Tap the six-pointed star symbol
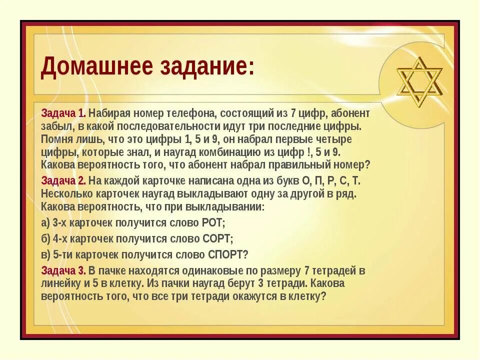pos(419,82)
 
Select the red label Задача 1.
pos(63,113)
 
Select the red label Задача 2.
pos(63,180)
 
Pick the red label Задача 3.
pos(63,271)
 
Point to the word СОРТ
pos(217,239)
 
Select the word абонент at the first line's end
pos(348,113)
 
